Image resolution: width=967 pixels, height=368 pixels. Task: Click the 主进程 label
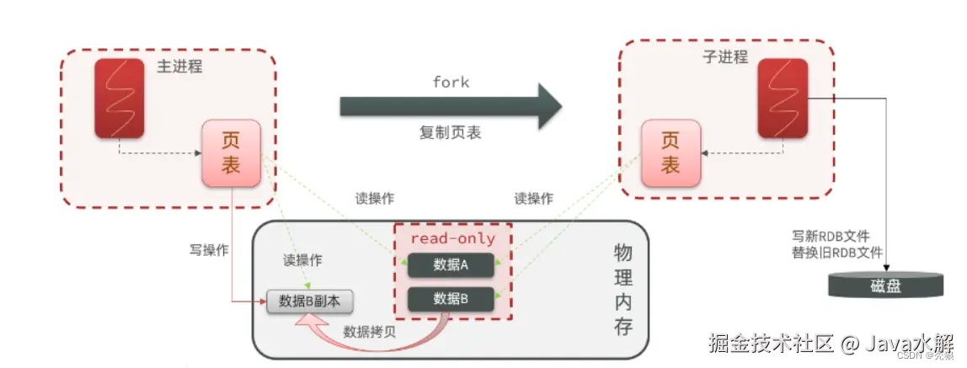(179, 67)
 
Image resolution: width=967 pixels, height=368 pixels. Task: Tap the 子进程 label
(724, 57)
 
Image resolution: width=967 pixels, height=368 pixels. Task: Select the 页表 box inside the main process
(231, 153)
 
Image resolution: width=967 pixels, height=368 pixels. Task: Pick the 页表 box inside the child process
(670, 153)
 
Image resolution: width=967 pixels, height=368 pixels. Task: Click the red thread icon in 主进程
(117, 98)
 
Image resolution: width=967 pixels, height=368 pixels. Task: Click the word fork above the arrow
(451, 83)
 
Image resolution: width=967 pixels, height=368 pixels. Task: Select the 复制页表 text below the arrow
(451, 133)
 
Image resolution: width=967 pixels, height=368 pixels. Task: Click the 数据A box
(451, 264)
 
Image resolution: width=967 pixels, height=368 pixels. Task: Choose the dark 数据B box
(451, 298)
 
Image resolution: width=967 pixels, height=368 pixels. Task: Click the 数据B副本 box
(310, 301)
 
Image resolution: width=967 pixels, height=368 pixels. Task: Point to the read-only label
(452, 238)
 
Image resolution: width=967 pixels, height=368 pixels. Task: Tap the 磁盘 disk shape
(885, 285)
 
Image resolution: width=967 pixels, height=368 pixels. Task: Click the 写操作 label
(209, 250)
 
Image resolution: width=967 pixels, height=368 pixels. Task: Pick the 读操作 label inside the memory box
(302, 261)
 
